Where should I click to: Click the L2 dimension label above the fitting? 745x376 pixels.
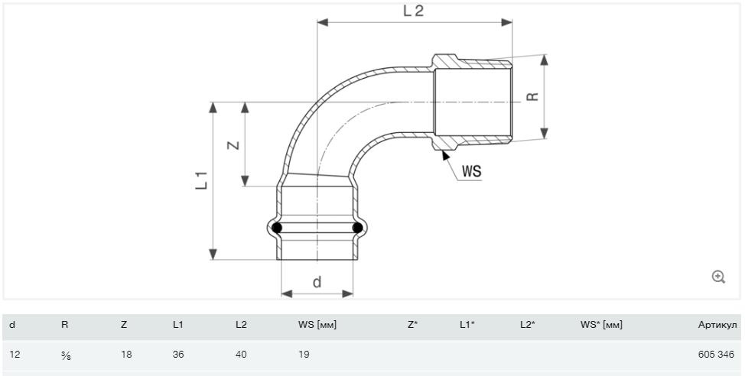coord(413,11)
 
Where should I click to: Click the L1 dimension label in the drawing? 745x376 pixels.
coord(202,180)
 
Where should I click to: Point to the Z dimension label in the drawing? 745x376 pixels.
coord(233,144)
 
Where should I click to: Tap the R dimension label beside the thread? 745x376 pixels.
coord(533,96)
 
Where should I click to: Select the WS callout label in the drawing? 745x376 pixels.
coord(471,171)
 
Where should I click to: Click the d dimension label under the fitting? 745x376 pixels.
coord(317,282)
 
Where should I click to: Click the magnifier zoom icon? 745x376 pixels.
coord(718,277)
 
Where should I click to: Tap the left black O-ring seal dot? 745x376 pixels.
coord(277,228)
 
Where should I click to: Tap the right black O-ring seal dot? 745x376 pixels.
coord(357,228)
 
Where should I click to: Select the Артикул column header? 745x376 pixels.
coord(717,326)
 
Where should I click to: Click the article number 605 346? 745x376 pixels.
coord(716,354)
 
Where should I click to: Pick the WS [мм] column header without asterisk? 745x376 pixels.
coord(317,326)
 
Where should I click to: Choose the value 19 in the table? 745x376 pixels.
coord(304,354)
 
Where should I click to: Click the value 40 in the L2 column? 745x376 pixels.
coord(241,354)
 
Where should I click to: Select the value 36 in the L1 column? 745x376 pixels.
coord(178,354)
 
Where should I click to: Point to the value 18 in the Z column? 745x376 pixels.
coord(126,354)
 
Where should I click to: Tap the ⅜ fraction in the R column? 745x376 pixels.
coord(66,355)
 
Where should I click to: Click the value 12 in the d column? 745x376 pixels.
coord(15,354)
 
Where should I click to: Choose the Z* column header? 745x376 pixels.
coord(413,326)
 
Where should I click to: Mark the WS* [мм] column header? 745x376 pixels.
coord(601,326)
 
